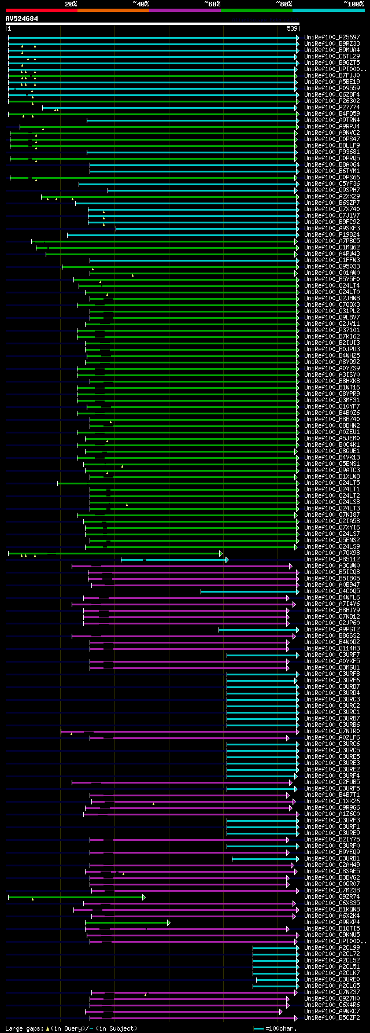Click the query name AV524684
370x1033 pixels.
(x=22, y=19)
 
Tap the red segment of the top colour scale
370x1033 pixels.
(x=41, y=10)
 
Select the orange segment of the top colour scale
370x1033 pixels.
(x=113, y=10)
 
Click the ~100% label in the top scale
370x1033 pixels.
(x=353, y=3)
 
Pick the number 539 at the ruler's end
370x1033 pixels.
(x=292, y=28)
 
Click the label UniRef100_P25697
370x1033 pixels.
(x=332, y=38)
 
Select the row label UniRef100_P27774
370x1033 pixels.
(x=332, y=108)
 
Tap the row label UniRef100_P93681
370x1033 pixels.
(x=332, y=152)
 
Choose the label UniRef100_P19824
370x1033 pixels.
(x=332, y=235)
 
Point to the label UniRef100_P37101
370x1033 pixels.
(x=332, y=330)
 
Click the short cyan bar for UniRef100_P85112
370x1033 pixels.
(x=173, y=560)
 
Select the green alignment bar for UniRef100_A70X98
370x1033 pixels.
(x=116, y=553)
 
